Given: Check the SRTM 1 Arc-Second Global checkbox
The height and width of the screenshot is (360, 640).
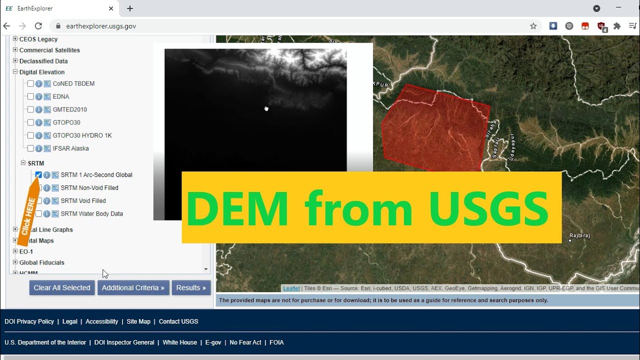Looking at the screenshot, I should (38, 174).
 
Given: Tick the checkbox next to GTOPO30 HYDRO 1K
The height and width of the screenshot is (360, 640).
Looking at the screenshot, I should (31, 135).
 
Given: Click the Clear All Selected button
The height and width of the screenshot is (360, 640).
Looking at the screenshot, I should (62, 287).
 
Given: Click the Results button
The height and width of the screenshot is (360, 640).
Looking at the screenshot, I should (191, 287).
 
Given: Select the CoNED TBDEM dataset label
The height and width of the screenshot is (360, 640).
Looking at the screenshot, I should (73, 83).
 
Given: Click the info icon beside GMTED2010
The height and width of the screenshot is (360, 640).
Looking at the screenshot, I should (39, 109).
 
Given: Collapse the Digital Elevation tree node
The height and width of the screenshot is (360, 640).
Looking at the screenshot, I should (15, 72).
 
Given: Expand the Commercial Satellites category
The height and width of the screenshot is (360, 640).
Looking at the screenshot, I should (15, 50).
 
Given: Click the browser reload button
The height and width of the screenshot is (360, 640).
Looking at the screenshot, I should (38, 26).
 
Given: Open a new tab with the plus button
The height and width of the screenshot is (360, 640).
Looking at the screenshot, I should (130, 8).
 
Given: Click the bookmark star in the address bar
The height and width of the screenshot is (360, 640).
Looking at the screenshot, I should (533, 26).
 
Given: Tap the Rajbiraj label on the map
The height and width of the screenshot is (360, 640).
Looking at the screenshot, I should (579, 235).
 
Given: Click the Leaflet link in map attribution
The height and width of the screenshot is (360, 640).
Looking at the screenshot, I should (291, 288).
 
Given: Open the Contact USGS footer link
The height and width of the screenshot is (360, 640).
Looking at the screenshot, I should (178, 321).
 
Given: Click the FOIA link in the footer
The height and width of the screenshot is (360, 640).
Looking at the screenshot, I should (276, 342).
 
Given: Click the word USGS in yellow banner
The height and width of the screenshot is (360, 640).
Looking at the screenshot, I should (488, 207).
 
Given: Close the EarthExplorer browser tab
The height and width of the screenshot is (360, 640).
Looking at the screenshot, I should (111, 8).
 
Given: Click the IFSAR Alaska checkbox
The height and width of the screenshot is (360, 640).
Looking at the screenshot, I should (31, 148).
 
